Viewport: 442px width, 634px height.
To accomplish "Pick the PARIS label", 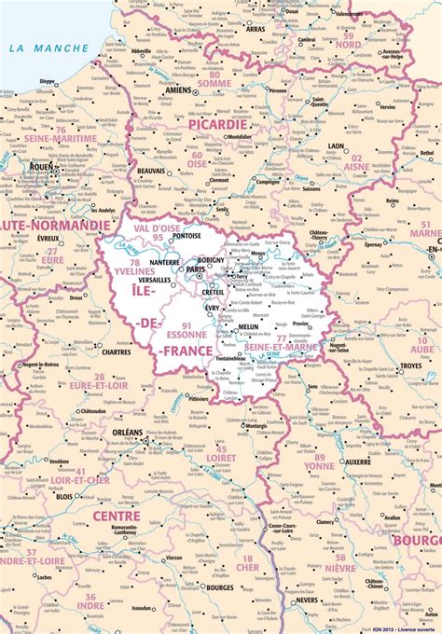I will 196,270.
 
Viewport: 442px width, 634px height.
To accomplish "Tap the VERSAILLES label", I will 154,280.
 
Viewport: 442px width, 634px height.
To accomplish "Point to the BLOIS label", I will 64,497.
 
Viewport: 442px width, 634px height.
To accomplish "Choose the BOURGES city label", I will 220,588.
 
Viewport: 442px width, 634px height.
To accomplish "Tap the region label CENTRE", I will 117,516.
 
